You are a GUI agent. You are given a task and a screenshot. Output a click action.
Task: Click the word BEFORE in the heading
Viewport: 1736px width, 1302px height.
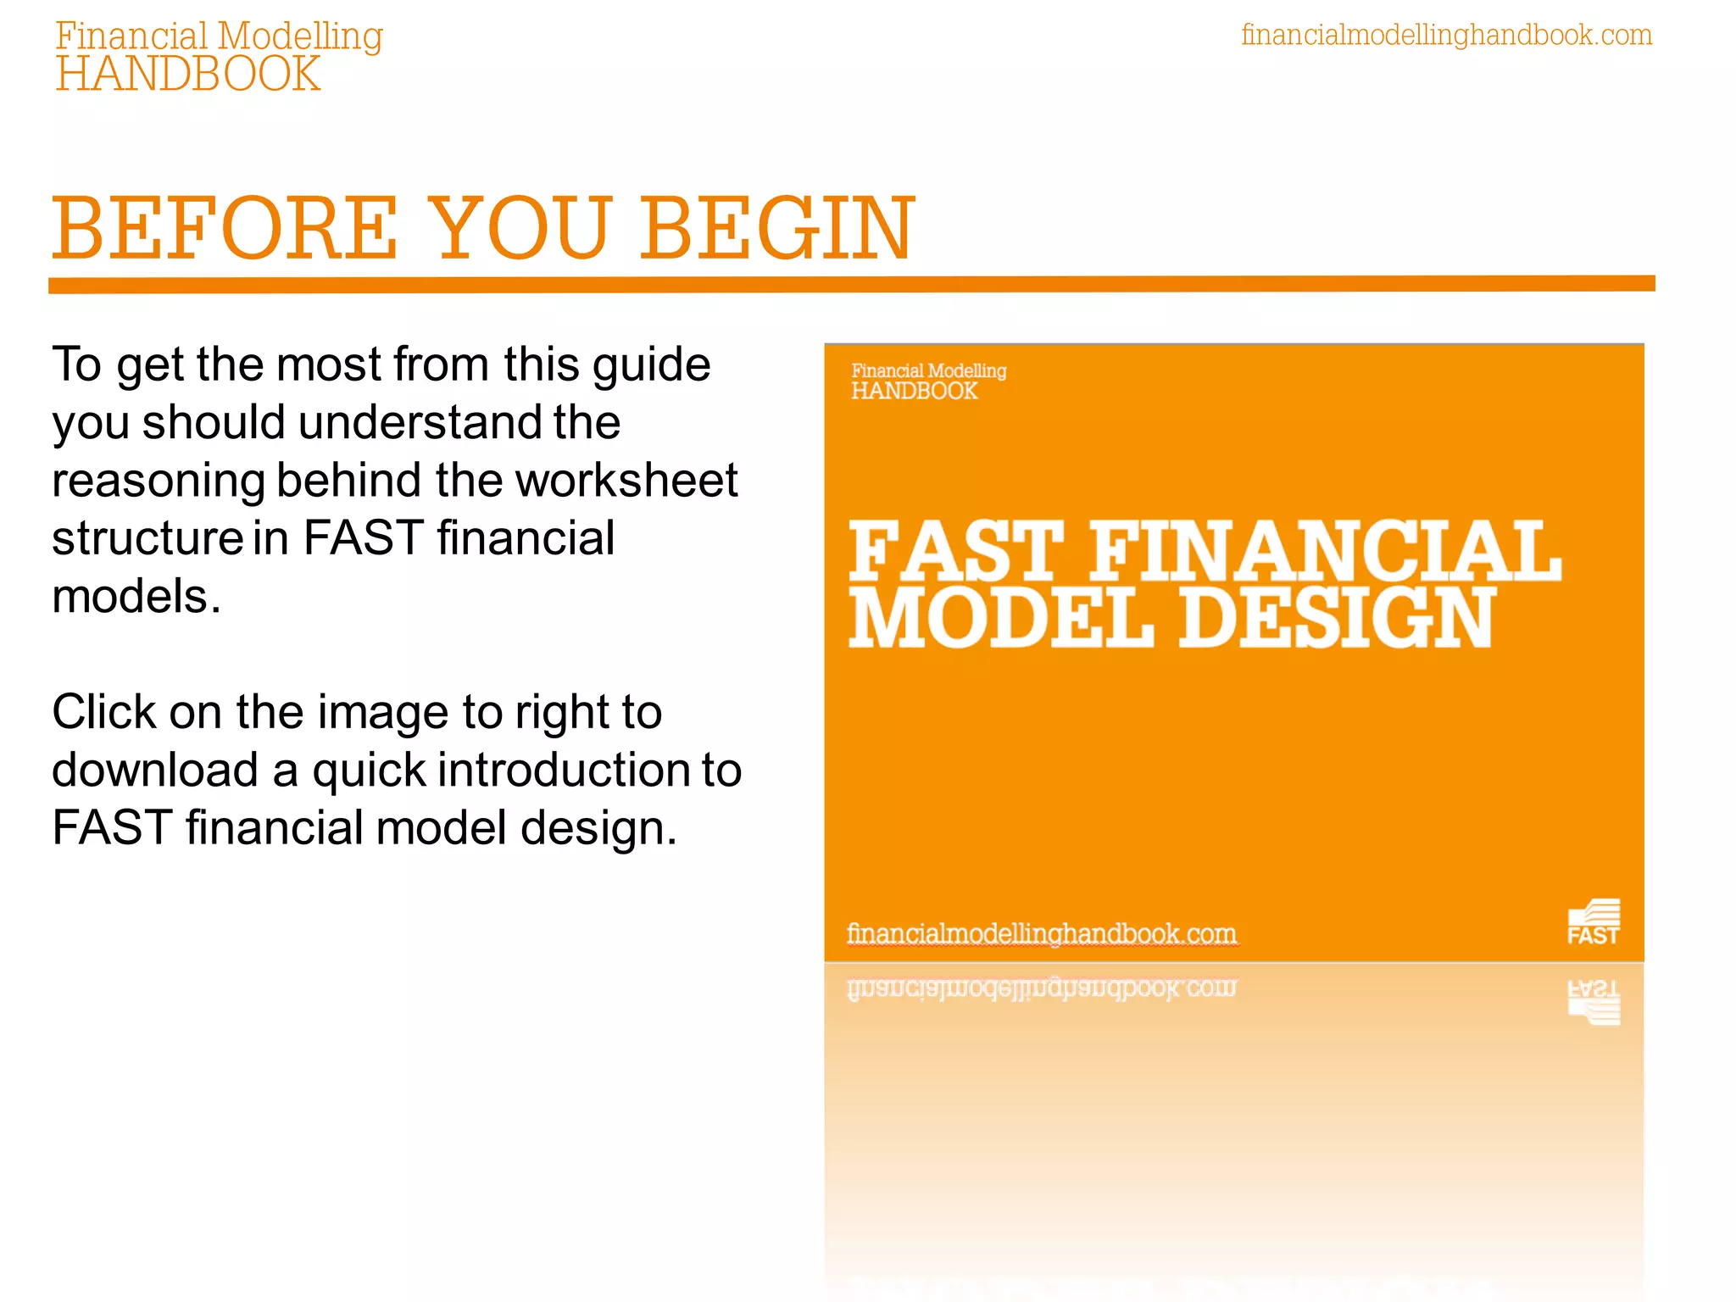click(x=225, y=229)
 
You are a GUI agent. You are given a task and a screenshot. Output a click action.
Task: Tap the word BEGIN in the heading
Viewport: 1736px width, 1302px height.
click(x=776, y=229)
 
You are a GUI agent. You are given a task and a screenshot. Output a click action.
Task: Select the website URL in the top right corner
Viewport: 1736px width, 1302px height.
click(x=1446, y=35)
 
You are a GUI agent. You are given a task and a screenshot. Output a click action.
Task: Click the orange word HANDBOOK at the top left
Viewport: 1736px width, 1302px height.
click(x=188, y=75)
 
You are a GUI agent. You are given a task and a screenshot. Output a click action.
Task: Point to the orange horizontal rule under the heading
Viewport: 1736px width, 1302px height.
click(x=851, y=284)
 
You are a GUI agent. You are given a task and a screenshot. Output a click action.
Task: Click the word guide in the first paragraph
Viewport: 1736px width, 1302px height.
click(x=651, y=365)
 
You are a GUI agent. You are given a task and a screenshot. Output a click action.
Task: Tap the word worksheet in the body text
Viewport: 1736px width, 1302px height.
click(x=627, y=481)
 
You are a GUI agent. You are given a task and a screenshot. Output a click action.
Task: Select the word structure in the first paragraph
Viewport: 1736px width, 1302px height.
click(x=148, y=538)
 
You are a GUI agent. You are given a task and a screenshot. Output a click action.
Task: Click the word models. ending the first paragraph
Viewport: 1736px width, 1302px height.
click(x=136, y=596)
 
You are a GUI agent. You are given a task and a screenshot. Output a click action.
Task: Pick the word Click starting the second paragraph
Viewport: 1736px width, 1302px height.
click(x=103, y=712)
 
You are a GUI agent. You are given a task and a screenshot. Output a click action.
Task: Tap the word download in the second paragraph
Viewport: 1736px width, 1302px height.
click(x=155, y=770)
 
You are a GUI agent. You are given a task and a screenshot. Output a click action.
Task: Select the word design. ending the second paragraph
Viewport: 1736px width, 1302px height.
click(x=598, y=828)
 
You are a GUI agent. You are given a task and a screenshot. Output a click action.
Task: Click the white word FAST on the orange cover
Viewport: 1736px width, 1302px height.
click(x=955, y=552)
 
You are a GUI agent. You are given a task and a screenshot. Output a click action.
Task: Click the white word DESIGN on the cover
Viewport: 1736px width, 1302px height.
click(x=1337, y=618)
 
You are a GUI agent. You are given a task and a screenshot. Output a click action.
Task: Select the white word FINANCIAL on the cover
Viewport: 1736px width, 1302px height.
click(x=1324, y=552)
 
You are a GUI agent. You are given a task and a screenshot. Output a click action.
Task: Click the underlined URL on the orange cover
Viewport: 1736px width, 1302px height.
click(x=1042, y=933)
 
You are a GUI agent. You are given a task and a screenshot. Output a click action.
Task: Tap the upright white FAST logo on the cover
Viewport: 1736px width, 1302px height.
click(x=1593, y=922)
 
